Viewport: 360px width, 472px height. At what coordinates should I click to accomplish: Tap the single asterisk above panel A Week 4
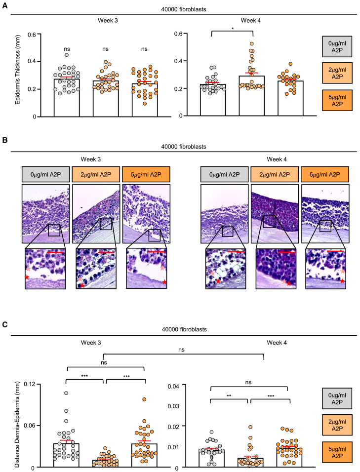[x=232, y=29]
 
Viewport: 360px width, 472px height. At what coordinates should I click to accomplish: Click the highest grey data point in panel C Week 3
[x=66, y=393]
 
